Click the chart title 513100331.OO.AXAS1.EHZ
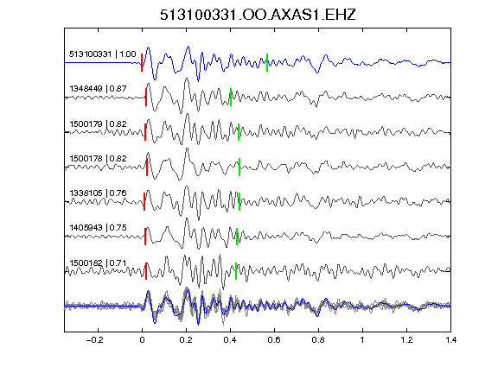pyautogui.click(x=258, y=15)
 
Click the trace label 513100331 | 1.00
pyautogui.click(x=103, y=54)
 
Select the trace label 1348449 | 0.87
pyautogui.click(x=99, y=88)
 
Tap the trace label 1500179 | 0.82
pyautogui.click(x=99, y=123)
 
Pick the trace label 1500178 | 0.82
pyautogui.click(x=99, y=158)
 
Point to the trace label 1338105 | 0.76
pyautogui.click(x=99, y=193)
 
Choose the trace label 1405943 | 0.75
pyautogui.click(x=99, y=227)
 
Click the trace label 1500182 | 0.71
pyautogui.click(x=99, y=263)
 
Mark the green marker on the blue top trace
pyautogui.click(x=267, y=62)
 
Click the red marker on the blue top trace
pyautogui.click(x=142, y=62)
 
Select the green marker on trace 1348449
pyautogui.click(x=231, y=97)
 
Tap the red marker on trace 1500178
pyautogui.click(x=147, y=167)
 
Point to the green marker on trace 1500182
pyautogui.click(x=236, y=271)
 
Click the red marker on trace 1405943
pyautogui.click(x=145, y=237)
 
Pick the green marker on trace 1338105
pyautogui.click(x=239, y=201)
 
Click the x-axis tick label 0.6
pyautogui.click(x=274, y=340)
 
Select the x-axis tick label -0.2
pyautogui.click(x=95, y=340)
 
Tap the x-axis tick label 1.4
pyautogui.click(x=451, y=340)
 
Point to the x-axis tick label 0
pyautogui.click(x=142, y=340)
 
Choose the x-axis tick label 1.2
pyautogui.click(x=406, y=340)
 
